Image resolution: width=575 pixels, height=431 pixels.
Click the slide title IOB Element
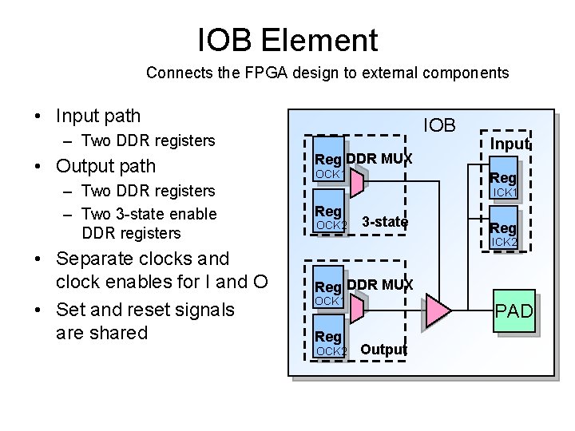tap(287, 40)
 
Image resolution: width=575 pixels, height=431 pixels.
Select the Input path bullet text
tap(98, 116)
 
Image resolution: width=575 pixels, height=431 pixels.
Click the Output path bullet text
tap(105, 166)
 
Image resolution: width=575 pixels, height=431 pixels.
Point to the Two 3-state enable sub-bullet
tap(149, 214)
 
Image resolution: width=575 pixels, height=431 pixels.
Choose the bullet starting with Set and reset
tap(145, 309)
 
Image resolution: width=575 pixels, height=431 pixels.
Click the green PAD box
tap(514, 311)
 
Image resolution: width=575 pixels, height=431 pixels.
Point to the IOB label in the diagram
tap(439, 125)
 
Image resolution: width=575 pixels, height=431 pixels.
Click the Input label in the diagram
tap(510, 144)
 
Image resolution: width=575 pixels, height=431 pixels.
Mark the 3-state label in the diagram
tap(384, 221)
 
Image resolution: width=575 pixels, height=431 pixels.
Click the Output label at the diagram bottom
tap(383, 350)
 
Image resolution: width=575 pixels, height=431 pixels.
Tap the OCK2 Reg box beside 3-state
tap(329, 216)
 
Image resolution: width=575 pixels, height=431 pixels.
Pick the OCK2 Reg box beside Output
tap(329, 342)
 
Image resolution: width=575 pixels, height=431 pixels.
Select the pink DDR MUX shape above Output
tap(357, 309)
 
